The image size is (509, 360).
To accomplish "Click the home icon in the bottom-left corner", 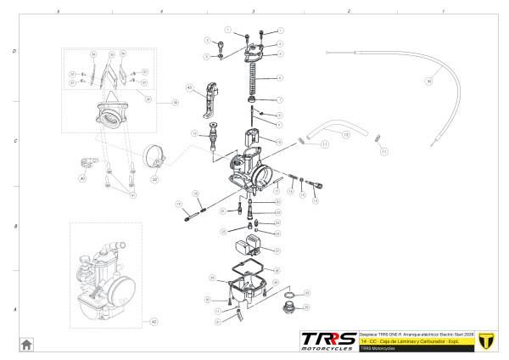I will (26, 344).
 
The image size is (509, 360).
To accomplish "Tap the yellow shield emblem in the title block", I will (486, 341).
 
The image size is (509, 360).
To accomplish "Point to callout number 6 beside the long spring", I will (280, 78).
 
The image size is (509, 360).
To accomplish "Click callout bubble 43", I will (189, 87).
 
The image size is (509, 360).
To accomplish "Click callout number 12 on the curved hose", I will (345, 134).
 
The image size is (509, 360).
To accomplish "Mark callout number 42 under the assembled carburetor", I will (154, 322).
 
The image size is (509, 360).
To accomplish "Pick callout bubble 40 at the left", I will (82, 178).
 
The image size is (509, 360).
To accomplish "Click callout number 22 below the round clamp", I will (154, 179).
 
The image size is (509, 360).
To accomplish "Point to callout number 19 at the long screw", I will (179, 205).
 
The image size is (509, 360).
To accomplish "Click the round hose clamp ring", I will (154, 157).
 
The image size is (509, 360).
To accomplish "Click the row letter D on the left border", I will (14, 51).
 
